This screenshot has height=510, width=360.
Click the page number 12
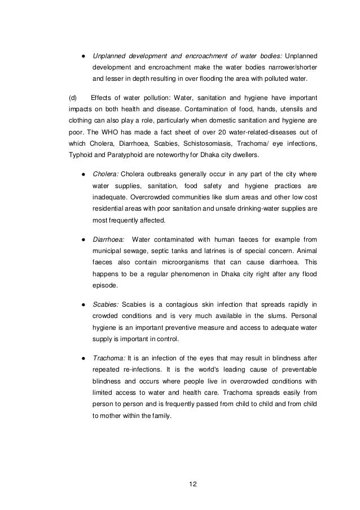point(195,484)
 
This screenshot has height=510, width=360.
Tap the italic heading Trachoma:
point(109,359)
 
